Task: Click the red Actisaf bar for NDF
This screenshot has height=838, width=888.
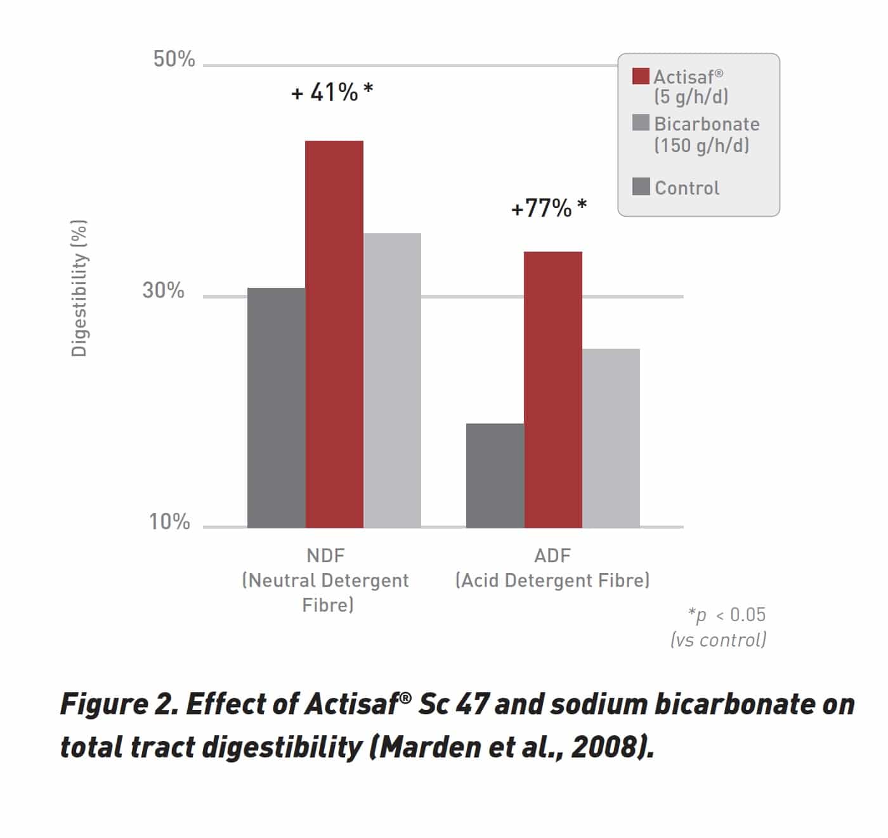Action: pyautogui.click(x=334, y=334)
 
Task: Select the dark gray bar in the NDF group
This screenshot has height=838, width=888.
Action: pyautogui.click(x=277, y=408)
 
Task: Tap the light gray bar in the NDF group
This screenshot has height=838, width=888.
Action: pyautogui.click(x=392, y=380)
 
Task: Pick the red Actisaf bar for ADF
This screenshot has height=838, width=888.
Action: pyautogui.click(x=553, y=389)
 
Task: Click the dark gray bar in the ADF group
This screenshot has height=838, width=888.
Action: pyautogui.click(x=495, y=475)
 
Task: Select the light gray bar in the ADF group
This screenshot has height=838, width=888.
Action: pyautogui.click(x=611, y=438)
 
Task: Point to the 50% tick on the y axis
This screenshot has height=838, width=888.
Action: pyautogui.click(x=174, y=59)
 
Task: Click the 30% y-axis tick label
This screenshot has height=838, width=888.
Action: pyautogui.click(x=163, y=290)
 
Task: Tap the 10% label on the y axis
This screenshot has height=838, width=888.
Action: pyautogui.click(x=169, y=522)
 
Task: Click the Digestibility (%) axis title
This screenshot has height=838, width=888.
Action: pyautogui.click(x=79, y=288)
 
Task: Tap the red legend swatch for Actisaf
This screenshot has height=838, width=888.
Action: pyautogui.click(x=641, y=76)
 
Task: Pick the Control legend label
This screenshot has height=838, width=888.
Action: pyautogui.click(x=687, y=188)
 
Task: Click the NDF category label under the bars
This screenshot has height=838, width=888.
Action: pyautogui.click(x=325, y=555)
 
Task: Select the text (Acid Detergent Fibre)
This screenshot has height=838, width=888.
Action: pyautogui.click(x=552, y=580)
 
